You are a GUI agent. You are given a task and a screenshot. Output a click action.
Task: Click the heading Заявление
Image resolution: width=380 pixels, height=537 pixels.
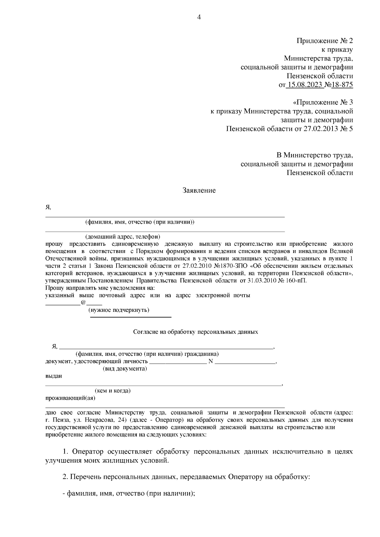[x=199, y=190]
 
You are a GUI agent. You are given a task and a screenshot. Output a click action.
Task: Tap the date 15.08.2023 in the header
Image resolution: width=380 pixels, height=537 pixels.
[x=305, y=85]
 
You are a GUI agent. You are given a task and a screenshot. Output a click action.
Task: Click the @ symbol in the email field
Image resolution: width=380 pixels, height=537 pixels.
[x=83, y=303]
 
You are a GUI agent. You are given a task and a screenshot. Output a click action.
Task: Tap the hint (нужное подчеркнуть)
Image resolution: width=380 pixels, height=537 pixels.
[x=119, y=310]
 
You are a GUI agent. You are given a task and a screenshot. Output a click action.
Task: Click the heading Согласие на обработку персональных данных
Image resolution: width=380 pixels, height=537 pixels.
[x=195, y=332]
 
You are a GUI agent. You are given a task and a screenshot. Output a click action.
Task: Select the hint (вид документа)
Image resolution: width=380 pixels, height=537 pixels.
[x=125, y=369]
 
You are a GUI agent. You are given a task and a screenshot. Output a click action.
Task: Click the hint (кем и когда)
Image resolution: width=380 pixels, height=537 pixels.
[x=113, y=391]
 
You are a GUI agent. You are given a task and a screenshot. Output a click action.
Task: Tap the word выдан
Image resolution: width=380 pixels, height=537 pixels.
[x=54, y=376]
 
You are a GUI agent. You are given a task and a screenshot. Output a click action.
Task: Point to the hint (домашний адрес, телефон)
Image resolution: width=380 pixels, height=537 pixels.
[x=123, y=237]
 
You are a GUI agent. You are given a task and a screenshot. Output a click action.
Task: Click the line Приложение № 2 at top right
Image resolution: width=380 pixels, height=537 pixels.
[x=324, y=41]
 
